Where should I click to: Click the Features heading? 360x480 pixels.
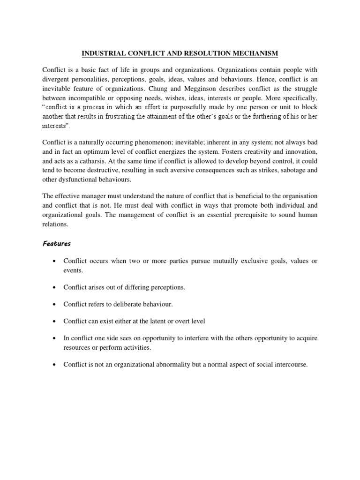point(57,244)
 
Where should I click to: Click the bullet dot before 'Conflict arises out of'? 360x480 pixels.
point(55,287)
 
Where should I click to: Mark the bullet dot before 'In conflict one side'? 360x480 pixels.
point(55,338)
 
